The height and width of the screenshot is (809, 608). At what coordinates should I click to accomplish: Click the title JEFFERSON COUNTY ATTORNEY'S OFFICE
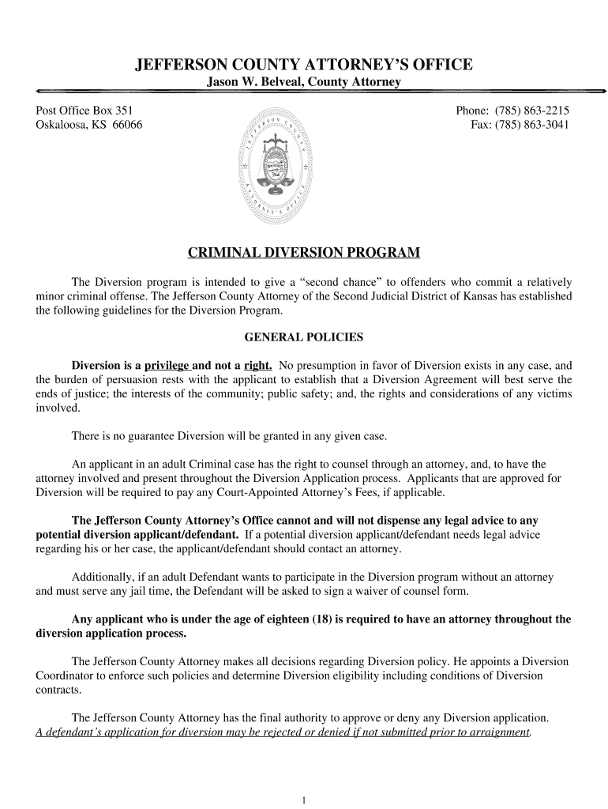coord(304,64)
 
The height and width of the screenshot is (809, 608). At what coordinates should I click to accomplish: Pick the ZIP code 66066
coord(126,125)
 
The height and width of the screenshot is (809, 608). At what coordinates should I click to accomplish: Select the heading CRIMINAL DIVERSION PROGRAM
coord(304,254)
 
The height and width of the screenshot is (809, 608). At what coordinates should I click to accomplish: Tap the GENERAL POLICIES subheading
coord(304,337)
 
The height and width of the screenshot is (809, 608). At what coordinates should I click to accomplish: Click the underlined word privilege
coord(167,366)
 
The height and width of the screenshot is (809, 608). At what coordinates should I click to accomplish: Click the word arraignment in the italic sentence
coord(497,733)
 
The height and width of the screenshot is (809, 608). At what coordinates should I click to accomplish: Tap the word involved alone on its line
coord(57,408)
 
